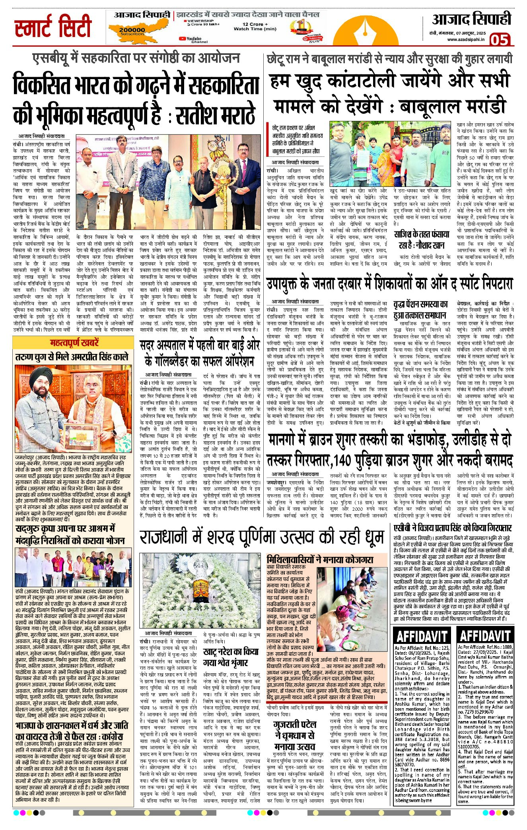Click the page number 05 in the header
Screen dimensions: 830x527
click(x=500, y=40)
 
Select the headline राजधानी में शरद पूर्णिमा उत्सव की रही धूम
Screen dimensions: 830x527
click(x=262, y=537)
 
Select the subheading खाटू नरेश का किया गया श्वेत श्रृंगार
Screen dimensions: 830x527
click(x=231, y=657)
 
